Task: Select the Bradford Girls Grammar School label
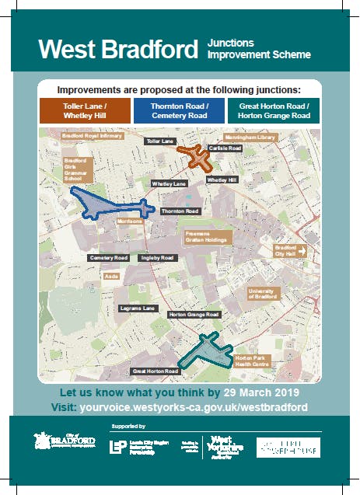(x=78, y=169)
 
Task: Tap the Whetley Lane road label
(x=170, y=184)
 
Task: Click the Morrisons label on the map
(x=129, y=221)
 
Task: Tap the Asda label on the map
(x=110, y=275)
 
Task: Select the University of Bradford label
(x=262, y=293)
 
